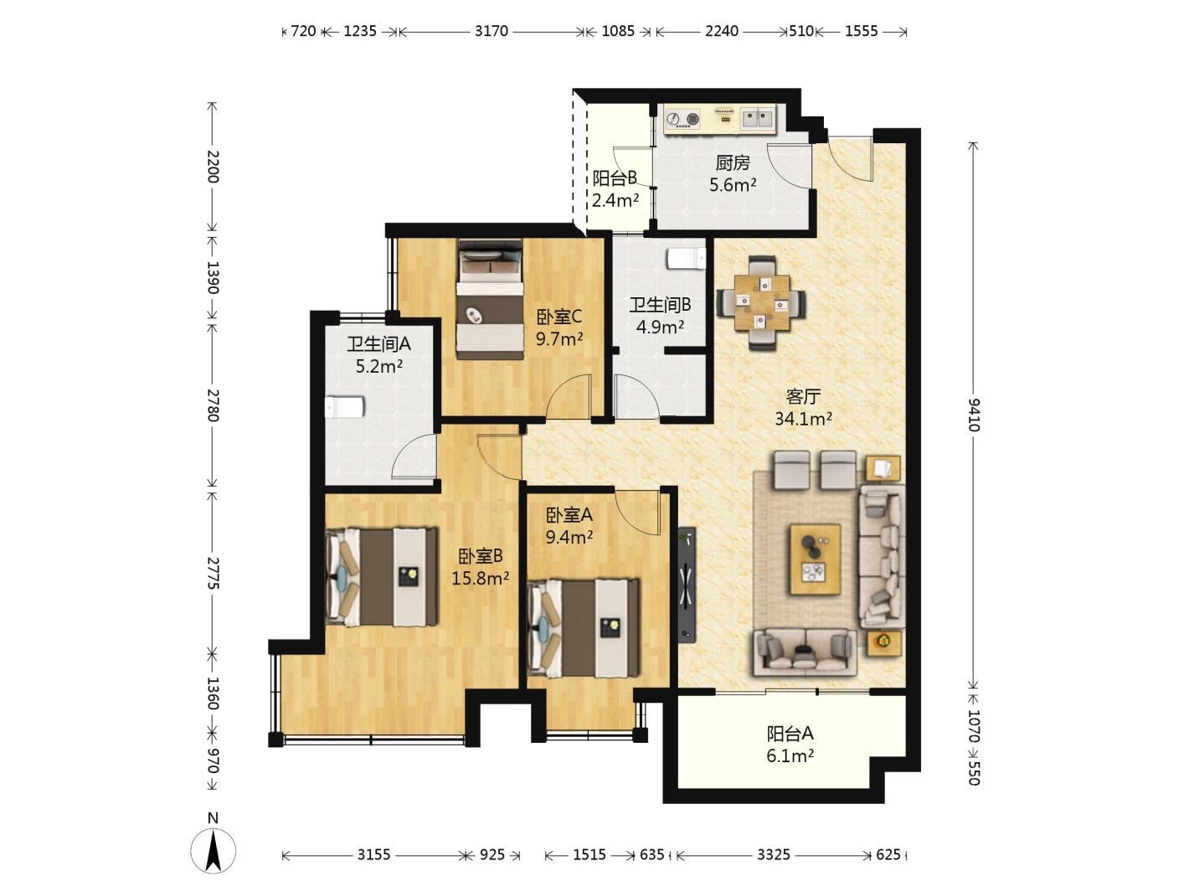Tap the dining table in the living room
coord(761,303)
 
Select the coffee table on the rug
coord(815,559)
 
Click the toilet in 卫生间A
coord(344,407)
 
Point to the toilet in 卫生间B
coord(687,258)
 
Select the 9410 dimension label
coord(974,415)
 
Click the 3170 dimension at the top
coord(492,31)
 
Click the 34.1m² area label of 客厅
coord(803,419)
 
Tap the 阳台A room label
coord(790,734)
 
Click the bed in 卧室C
coord(490,298)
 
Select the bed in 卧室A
coord(583,628)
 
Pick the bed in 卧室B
coord(381,577)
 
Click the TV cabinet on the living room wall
coord(687,584)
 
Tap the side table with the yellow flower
coord(883,643)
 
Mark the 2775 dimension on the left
coord(212,572)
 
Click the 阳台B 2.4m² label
coord(615,189)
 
